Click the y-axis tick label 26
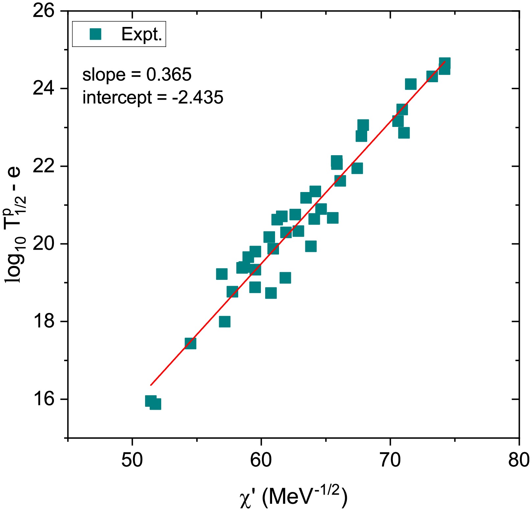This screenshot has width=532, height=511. coord(43,11)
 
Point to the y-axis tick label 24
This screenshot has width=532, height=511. coord(43,89)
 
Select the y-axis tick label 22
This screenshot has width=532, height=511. coord(43,166)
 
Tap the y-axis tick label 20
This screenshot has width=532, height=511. coord(43,244)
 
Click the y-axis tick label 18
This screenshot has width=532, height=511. coord(43,321)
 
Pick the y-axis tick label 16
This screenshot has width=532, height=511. coord(43,399)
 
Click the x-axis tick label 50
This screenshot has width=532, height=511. coord(132,460)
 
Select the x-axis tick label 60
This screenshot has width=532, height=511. coord(261,460)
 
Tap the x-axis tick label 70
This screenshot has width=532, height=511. coord(390,460)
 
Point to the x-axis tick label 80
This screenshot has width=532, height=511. coord(519,460)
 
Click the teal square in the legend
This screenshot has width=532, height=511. coord(95,34)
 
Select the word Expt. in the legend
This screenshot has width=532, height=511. coord(142,34)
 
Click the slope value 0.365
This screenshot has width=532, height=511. coord(169,75)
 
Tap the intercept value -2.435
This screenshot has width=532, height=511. coord(198,98)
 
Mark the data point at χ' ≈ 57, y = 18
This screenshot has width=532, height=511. coord(225,322)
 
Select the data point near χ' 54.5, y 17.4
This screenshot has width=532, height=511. coord(190,343)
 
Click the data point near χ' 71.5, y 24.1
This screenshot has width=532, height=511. coord(411,84)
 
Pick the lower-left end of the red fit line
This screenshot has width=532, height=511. coord(151,385)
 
